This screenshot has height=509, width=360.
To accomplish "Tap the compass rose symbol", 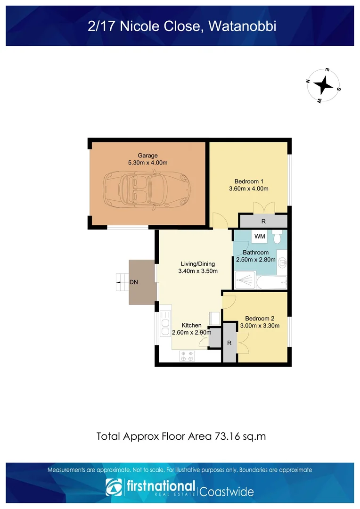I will click(324, 85).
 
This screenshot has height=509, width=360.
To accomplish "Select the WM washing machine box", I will click(259, 236).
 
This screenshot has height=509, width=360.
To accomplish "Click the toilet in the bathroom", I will click(278, 237).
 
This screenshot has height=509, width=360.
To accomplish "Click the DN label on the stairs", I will click(134, 282).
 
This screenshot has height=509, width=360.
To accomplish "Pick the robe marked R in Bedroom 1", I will click(263, 221).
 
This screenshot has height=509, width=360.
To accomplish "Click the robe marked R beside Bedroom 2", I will click(229, 343).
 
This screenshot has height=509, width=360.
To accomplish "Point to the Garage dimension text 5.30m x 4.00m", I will click(147, 163).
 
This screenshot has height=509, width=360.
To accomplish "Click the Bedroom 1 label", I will click(249, 181).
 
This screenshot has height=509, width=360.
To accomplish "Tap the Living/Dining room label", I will click(198, 264).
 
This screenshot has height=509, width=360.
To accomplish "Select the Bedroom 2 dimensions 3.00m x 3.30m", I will click(260, 326).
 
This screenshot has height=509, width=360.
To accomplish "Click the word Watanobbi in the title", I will click(242, 26).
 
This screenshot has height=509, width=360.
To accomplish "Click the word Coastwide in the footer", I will click(227, 492).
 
